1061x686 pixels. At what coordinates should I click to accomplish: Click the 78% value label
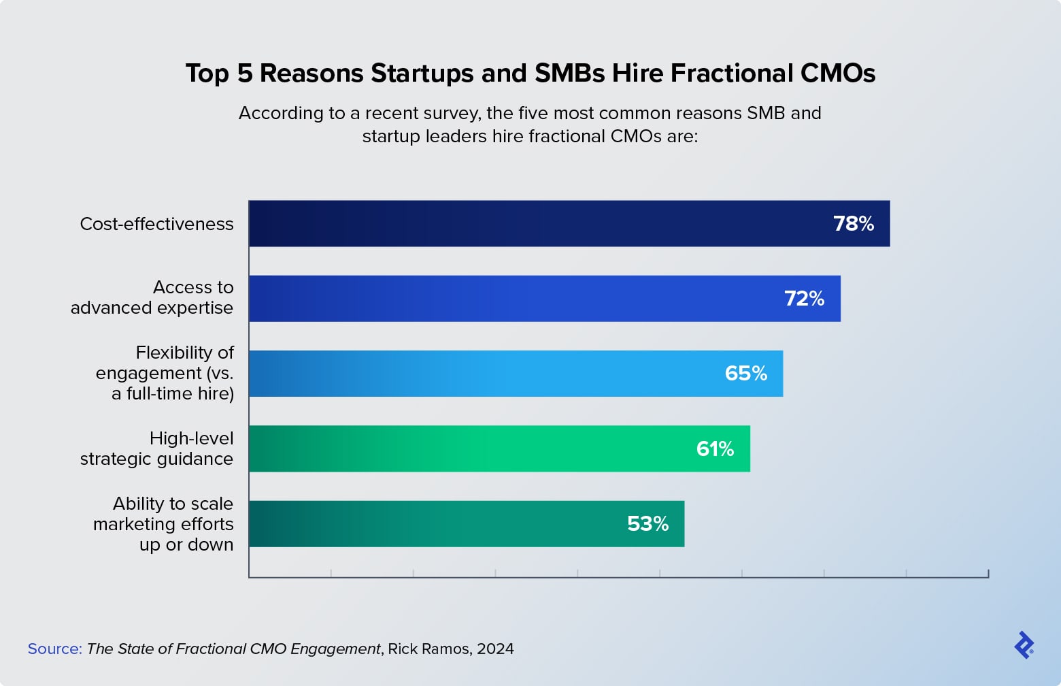[x=854, y=224]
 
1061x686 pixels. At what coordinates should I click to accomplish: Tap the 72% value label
[x=804, y=299]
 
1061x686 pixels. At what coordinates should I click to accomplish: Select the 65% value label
[x=746, y=374]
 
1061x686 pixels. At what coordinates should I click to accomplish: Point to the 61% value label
[x=715, y=449]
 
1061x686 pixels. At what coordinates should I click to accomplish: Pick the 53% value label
[x=647, y=524]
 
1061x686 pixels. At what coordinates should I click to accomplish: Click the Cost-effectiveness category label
[x=156, y=224]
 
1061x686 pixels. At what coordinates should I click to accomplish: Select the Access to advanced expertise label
[x=152, y=297]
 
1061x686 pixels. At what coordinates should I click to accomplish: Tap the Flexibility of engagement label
[x=165, y=373]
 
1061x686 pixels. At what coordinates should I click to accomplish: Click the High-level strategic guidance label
[x=157, y=448]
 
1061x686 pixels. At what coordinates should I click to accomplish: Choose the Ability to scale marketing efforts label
[x=164, y=524]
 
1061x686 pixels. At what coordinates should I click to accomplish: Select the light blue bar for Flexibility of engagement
[x=476, y=374]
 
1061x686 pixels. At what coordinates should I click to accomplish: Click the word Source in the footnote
[x=54, y=649]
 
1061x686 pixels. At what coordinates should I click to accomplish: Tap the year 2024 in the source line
[x=495, y=649]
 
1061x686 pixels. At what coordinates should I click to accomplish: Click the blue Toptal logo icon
[x=1024, y=645]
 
